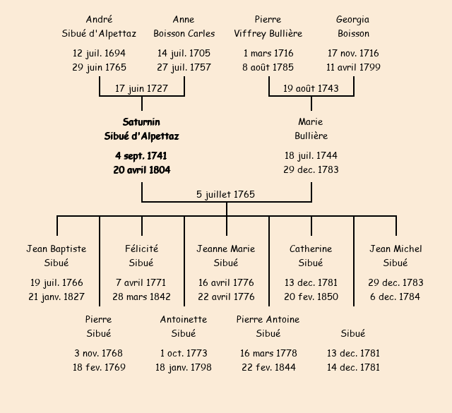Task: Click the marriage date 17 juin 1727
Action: [142, 88]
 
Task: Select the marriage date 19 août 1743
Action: [311, 88]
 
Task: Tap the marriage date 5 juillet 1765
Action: [226, 194]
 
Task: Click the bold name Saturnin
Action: [141, 122]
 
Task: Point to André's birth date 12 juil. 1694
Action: [99, 54]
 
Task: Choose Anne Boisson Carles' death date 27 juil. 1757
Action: [184, 68]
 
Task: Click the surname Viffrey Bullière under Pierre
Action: [268, 34]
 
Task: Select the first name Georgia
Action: [353, 20]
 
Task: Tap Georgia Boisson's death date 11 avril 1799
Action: [353, 68]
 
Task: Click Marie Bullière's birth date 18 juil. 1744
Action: [311, 156]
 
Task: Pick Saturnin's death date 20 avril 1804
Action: [141, 170]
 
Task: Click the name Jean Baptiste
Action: [56, 249]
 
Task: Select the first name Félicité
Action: [141, 249]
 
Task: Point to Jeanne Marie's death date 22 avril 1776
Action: [226, 297]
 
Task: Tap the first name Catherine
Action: [311, 249]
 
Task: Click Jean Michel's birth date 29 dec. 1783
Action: [395, 283]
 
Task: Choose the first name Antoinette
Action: [184, 319]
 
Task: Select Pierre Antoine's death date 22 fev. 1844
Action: [268, 367]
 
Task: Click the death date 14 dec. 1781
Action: [353, 367]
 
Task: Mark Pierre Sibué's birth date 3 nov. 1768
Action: [99, 353]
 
